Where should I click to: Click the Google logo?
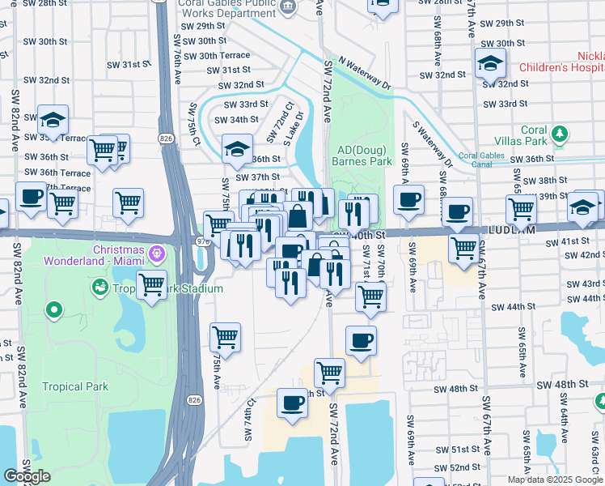[27, 476]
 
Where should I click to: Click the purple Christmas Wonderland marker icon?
[156, 254]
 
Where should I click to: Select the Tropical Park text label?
[75, 386]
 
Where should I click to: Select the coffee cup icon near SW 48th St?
[292, 403]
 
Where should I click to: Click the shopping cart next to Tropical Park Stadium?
[151, 284]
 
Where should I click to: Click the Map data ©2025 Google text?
[554, 480]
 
